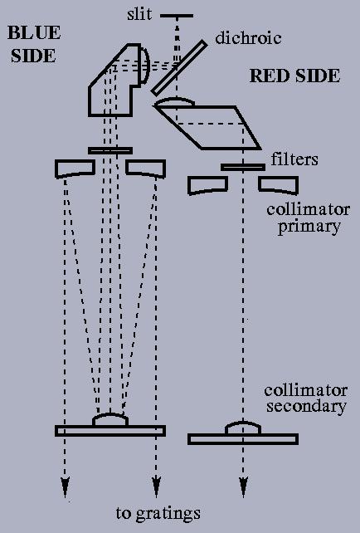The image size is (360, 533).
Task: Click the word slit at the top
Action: tap(139, 15)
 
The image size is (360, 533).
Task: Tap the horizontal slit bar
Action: tap(177, 16)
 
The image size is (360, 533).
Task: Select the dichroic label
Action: tap(248, 37)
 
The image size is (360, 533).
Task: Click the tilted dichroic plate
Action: tap(179, 68)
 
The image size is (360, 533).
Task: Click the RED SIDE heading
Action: tap(294, 76)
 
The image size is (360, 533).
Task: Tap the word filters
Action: tap(294, 159)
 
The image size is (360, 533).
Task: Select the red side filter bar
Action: tap(243, 167)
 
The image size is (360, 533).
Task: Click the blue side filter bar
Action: tap(110, 150)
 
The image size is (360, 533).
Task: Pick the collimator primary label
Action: tap(308, 218)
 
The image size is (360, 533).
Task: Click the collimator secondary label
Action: tap(305, 399)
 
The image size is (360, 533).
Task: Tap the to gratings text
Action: tap(158, 514)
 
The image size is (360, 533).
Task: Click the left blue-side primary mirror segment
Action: tap(75, 169)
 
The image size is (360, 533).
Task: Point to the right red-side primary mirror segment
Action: tap(279, 185)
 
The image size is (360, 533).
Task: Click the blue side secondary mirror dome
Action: tap(110, 419)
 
